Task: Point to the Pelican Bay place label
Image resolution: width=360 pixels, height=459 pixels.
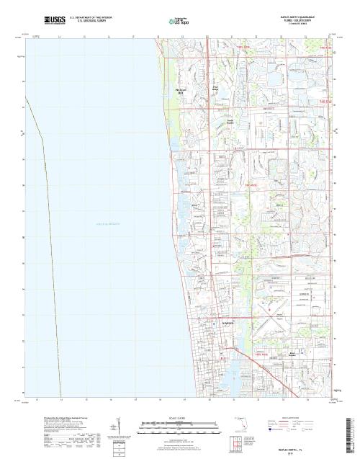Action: click(181, 92)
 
